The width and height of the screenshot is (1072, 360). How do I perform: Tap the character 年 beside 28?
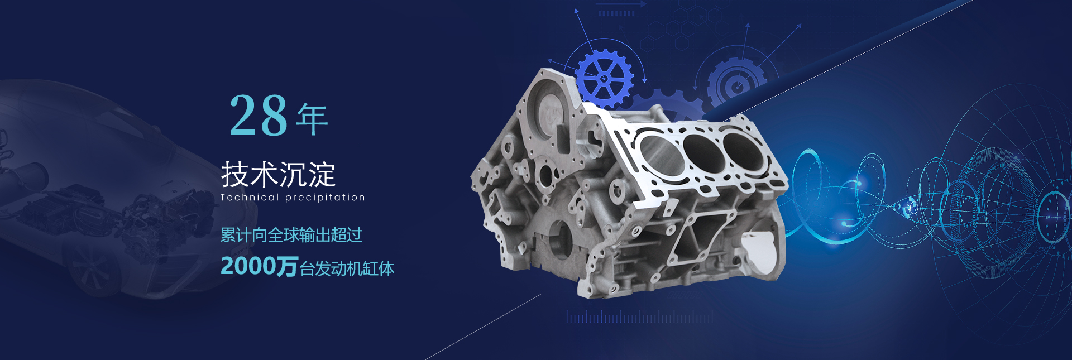[312, 119]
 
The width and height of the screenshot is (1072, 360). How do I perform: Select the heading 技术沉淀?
[278, 174]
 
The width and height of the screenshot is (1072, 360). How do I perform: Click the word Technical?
[250, 197]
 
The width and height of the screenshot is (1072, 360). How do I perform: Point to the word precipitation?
[325, 198]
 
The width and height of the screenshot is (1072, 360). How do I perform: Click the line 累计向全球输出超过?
[291, 235]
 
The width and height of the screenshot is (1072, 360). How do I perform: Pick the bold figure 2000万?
[259, 266]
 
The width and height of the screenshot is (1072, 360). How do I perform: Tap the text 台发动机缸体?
[347, 268]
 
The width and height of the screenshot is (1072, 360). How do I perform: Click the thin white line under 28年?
[292, 146]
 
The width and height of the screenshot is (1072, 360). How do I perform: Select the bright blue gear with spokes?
[604, 78]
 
